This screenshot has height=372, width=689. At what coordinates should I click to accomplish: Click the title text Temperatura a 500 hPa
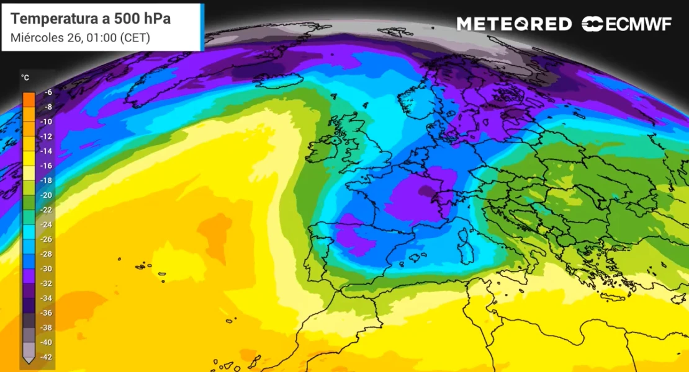coord(91,19)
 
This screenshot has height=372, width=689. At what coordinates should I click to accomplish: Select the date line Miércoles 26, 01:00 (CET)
coord(80,38)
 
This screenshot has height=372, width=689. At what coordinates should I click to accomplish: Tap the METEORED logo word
coord(514,24)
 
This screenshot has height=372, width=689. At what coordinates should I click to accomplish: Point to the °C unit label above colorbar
coord(25,78)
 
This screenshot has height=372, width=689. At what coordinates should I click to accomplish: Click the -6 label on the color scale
coord(47,92)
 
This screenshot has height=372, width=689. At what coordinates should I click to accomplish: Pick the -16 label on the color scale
coord(47,166)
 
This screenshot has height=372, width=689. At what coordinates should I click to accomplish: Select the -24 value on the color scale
coord(47,224)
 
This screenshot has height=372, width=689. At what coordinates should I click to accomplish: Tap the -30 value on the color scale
coord(47,268)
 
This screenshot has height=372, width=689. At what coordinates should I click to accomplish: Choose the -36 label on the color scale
coord(47,312)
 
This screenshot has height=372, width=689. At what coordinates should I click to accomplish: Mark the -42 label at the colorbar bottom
coord(47,356)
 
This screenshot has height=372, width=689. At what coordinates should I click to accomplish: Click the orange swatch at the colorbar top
coord(29,99)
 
